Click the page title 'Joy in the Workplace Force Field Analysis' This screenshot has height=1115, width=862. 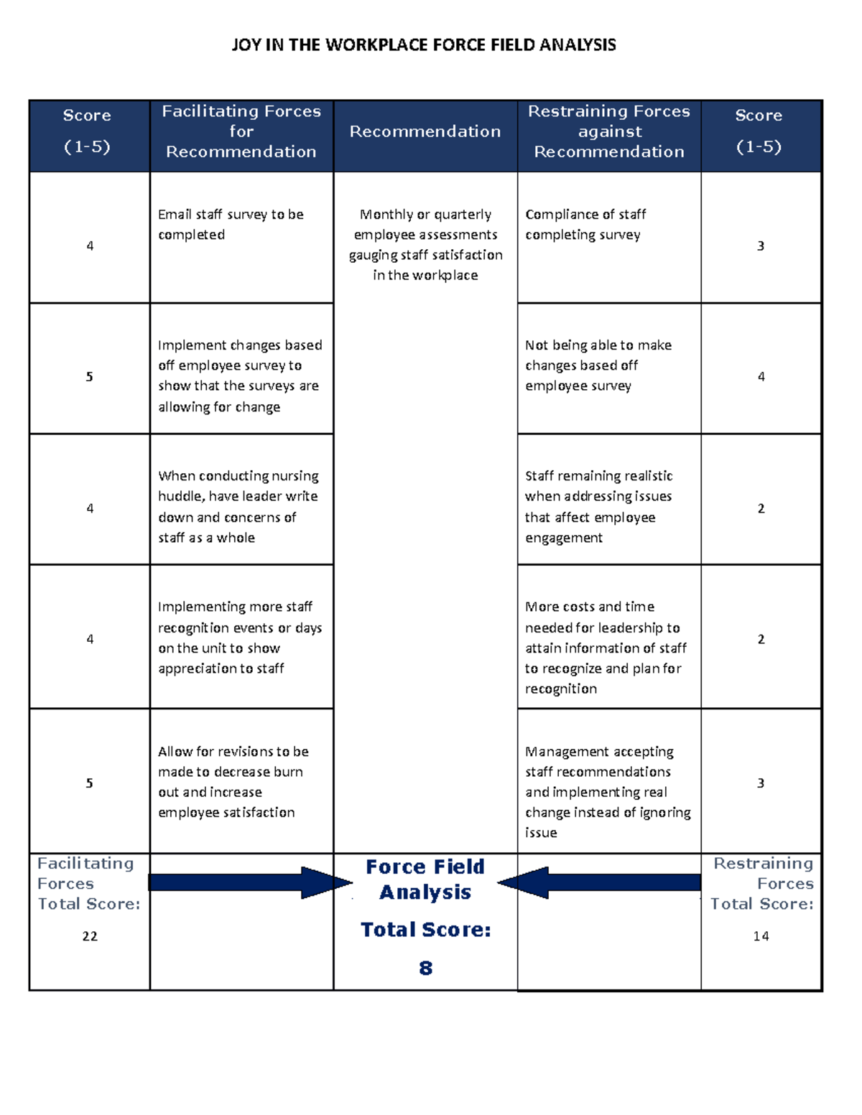pos(424,45)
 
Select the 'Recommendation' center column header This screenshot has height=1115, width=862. pos(425,131)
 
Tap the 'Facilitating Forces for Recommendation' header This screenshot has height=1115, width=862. pos(241,131)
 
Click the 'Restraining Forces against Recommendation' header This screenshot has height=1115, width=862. pos(609,131)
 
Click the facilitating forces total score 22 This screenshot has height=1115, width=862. pos(90,936)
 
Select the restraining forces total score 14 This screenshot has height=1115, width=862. pos(761,936)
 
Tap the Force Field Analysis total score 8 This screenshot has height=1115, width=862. pos(426,969)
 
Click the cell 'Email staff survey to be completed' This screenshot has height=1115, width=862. pos(231,225)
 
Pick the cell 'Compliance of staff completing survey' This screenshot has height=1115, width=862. pos(585,225)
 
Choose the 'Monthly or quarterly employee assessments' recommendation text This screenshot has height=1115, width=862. pos(425,245)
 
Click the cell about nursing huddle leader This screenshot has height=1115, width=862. pos(238,507)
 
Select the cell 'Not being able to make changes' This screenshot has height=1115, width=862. pos(598,365)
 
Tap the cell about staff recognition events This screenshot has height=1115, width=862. pos(240,638)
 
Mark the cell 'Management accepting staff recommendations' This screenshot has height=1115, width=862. pos(608,792)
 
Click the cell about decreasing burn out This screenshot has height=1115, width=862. pos(233,782)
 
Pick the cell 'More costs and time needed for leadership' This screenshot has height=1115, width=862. pos(606,648)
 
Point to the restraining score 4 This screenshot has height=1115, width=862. pos(761,377)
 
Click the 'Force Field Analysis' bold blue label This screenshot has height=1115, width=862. pos(425,880)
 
